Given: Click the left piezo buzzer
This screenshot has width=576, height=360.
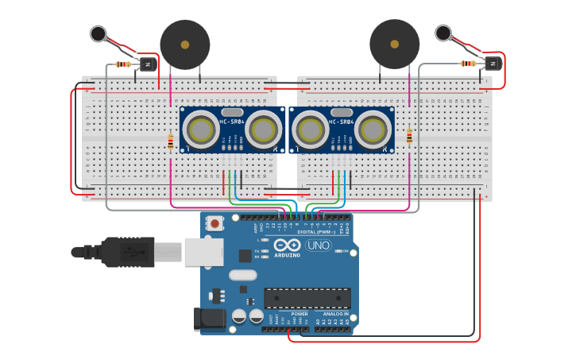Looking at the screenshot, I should coord(185,45).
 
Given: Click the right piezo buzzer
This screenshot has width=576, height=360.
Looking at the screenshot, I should coord(395,45).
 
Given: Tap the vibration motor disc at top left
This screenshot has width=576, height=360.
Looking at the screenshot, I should coord(99,33).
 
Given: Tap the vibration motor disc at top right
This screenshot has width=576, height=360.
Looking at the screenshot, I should coord(443,33).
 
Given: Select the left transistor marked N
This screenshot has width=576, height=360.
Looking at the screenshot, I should coord(147,64).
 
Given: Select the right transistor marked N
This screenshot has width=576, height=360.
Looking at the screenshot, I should coord(492,63).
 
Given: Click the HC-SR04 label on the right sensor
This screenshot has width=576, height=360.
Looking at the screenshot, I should coord(341,122).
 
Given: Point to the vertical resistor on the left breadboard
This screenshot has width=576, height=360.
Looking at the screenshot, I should coord(170,142).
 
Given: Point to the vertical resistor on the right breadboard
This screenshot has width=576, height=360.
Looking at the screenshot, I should coord(409,137).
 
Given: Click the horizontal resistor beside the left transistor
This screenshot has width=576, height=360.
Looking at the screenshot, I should coord(123,64).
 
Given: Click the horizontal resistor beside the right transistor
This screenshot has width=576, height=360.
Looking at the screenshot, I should coord(469,63).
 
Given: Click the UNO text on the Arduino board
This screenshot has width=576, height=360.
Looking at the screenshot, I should coord(318,246).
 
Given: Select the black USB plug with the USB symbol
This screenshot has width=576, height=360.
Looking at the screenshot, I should coord(127,252).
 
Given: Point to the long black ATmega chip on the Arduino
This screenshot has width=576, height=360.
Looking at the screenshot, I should coord(307,297).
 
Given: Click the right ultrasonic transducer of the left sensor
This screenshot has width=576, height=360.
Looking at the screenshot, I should coord(263,130).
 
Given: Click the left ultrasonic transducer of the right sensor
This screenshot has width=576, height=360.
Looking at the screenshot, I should coord(311,130).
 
